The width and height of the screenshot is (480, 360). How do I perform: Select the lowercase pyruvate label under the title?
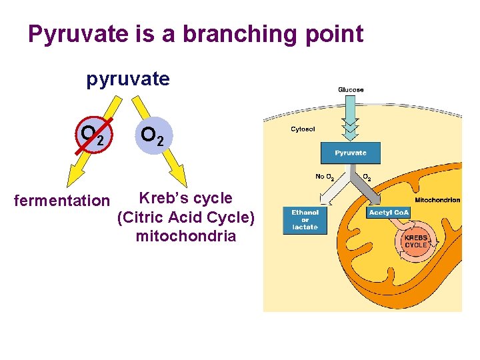click(128, 79)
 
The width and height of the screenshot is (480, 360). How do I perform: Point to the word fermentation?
click(61, 200)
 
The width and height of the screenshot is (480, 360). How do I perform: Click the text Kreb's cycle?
click(185, 198)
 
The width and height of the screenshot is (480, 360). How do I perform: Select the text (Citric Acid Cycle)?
click(185, 217)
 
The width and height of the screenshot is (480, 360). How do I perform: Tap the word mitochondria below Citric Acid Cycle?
click(185, 236)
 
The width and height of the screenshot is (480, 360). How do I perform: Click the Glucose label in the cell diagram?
click(351, 90)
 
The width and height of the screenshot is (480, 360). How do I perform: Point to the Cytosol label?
click(303, 129)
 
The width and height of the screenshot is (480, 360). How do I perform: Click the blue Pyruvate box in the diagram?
click(351, 153)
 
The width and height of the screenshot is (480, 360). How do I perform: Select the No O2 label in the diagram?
click(325, 177)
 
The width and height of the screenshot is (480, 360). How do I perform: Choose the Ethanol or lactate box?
click(305, 220)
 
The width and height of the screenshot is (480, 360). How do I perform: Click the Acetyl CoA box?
click(389, 213)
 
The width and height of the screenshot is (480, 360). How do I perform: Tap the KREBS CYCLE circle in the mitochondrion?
click(416, 241)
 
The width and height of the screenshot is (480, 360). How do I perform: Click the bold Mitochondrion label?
click(437, 200)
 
